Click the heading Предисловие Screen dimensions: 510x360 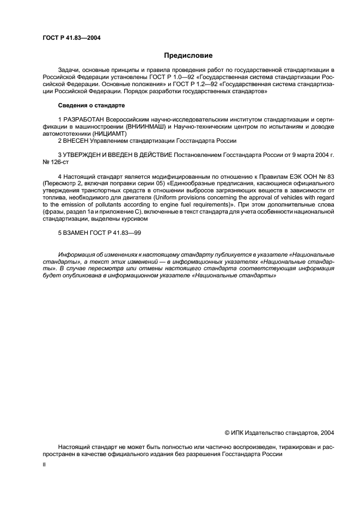[x=188, y=55]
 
